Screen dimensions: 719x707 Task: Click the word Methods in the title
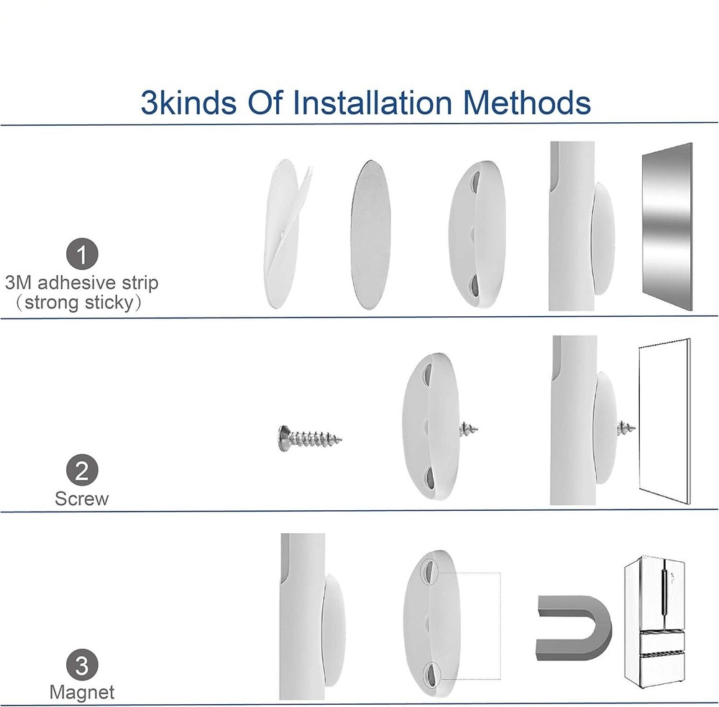coord(527,102)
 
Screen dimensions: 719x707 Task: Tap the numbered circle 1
coord(82,254)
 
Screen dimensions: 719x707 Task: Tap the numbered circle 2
coord(82,470)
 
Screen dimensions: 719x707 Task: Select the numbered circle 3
coord(82,665)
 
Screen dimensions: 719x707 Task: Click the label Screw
coord(82,499)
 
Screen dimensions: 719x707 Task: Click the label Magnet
coord(82,692)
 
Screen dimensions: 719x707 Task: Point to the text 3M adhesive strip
coord(82,282)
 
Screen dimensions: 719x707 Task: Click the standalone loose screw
coord(310,438)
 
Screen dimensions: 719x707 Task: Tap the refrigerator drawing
coord(654,621)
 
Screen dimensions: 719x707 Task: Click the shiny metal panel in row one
coord(667,226)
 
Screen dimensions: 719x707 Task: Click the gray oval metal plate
coord(370,235)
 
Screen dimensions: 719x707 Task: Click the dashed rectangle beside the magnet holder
coord(500,625)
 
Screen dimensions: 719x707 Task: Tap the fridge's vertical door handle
coord(663,591)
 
